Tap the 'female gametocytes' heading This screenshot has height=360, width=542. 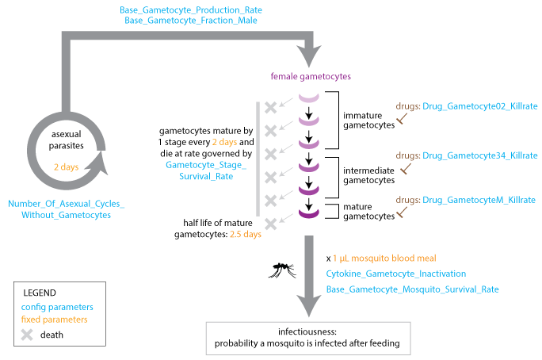[x=310, y=76]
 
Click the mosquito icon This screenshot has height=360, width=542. [x=281, y=270]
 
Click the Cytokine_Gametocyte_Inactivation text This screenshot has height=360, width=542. [x=395, y=274]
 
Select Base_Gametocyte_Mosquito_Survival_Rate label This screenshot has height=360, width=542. [x=412, y=289]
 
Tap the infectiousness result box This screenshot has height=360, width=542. [x=307, y=334]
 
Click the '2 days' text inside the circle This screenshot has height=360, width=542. [x=67, y=168]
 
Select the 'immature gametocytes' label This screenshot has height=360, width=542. [x=367, y=120]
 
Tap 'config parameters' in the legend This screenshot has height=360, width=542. [x=58, y=307]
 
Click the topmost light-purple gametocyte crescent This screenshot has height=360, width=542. [x=309, y=98]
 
